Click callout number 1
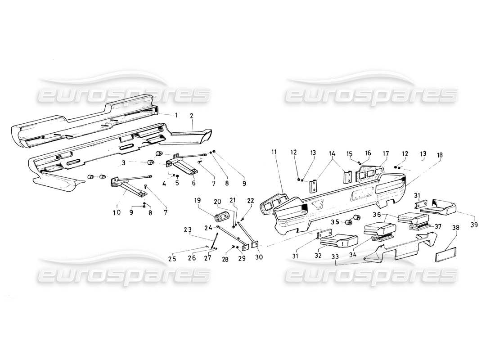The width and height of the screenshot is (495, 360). pos(176,115)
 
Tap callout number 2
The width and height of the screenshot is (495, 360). pos(192,116)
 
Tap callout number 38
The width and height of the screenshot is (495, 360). pos(456,228)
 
